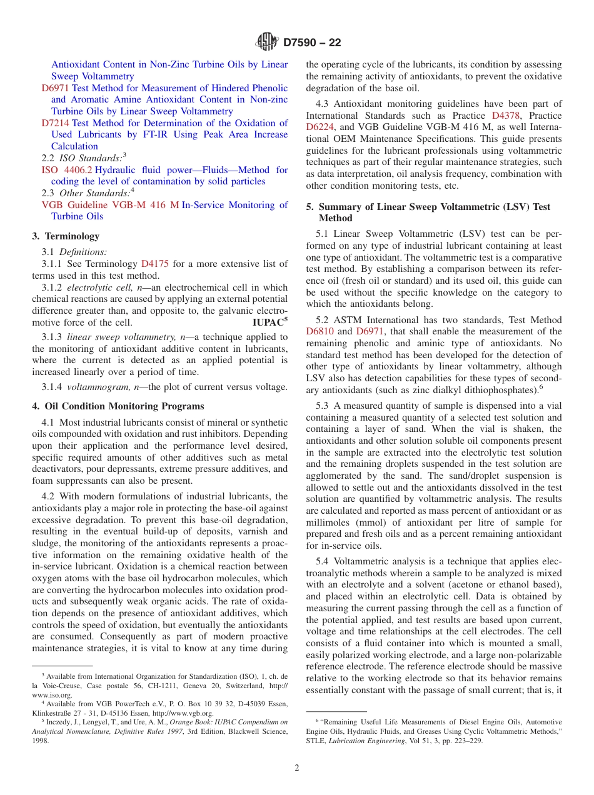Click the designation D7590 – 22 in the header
(x=312, y=43)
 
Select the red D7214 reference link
(x=55, y=123)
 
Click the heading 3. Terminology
(x=66, y=236)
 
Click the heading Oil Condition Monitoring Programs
(x=124, y=406)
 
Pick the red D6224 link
(x=319, y=127)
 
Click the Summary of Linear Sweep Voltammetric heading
(x=435, y=207)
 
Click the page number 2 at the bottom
(x=297, y=768)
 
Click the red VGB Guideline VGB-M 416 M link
(x=110, y=205)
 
